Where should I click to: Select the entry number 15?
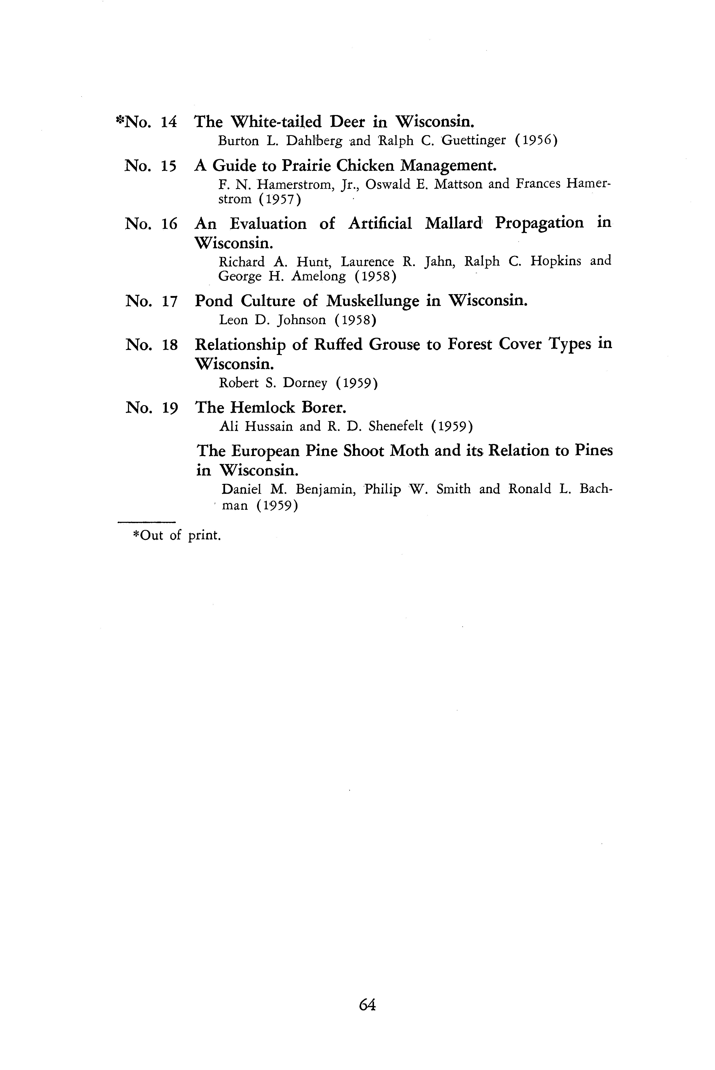tap(169, 166)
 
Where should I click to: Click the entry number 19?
tap(169, 407)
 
